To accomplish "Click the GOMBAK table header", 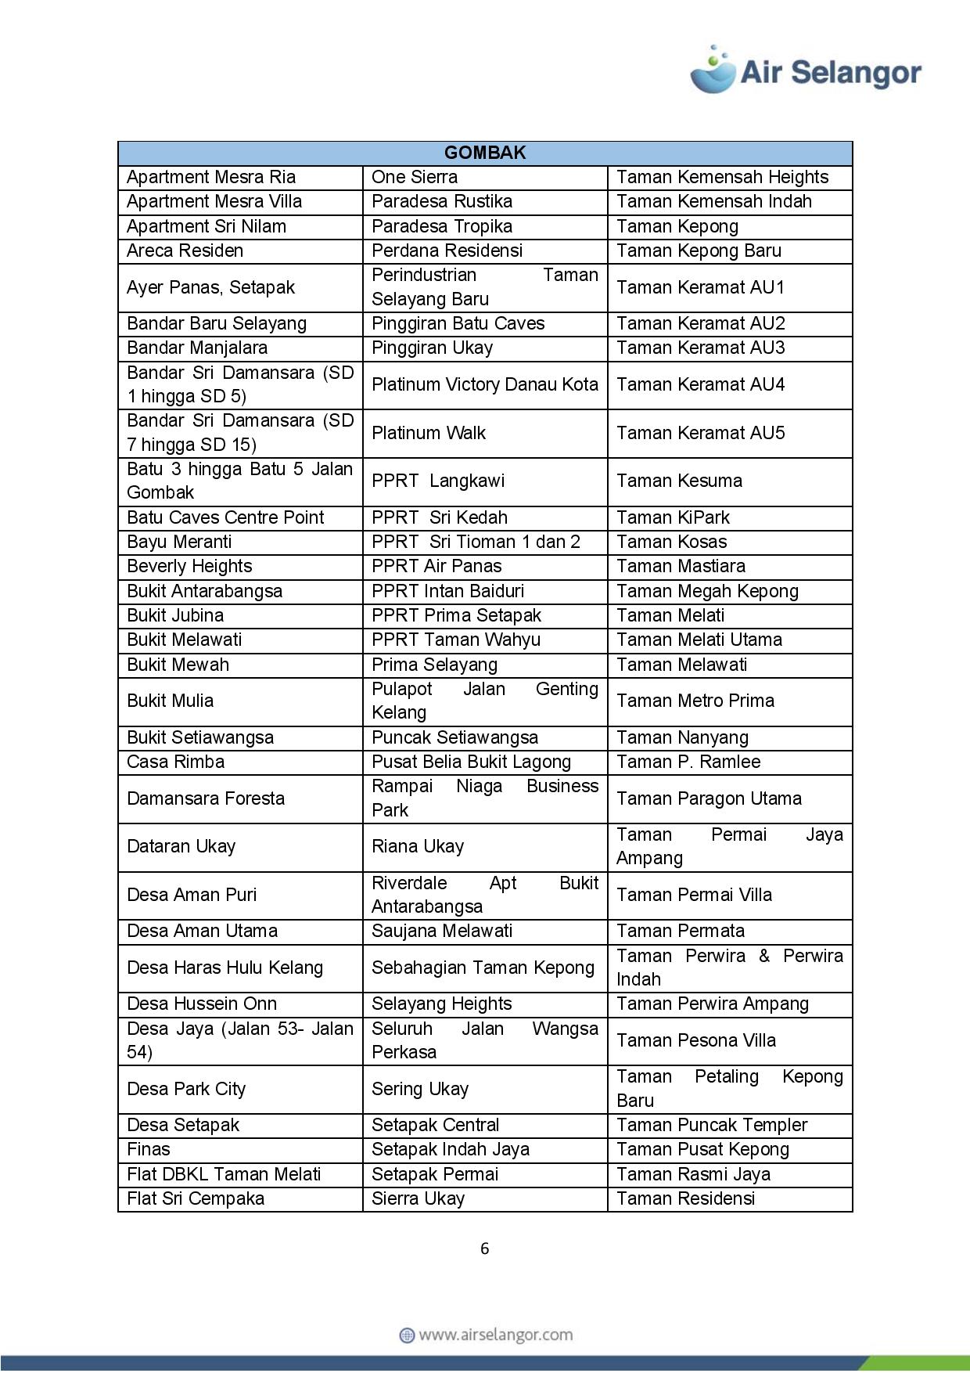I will click(x=484, y=153).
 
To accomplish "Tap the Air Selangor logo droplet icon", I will click(x=713, y=70).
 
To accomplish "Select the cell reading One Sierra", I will click(x=415, y=177).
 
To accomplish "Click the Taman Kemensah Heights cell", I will click(x=722, y=177).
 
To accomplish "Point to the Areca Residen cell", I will click(x=185, y=250).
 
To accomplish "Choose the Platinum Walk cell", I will click(x=429, y=433).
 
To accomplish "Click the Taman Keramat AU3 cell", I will click(x=700, y=348).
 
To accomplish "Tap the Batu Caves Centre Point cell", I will click(x=225, y=517).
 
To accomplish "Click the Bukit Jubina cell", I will click(x=175, y=615).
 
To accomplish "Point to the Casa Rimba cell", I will click(x=175, y=762).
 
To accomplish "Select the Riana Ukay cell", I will click(x=418, y=846).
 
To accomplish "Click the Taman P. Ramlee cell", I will click(x=688, y=762).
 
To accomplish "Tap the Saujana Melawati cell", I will click(x=442, y=931).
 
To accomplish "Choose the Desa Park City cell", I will click(x=186, y=1089).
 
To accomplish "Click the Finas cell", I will click(x=149, y=1149).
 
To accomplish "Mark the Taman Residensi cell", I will click(x=685, y=1198).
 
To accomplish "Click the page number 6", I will click(x=484, y=1249).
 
